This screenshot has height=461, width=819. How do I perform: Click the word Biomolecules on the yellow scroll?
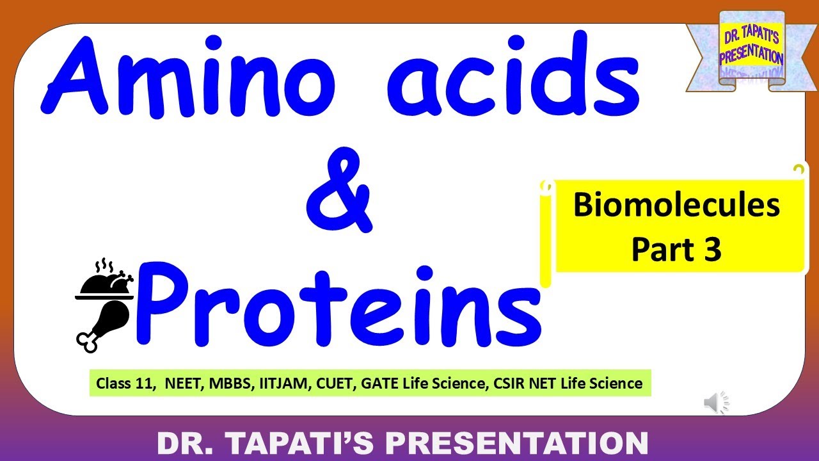(x=676, y=206)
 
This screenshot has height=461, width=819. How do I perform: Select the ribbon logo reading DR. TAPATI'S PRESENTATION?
(x=751, y=49)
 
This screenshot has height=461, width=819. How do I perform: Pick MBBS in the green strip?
(x=227, y=384)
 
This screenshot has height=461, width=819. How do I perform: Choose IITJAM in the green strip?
(x=280, y=384)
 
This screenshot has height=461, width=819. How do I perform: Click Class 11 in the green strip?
(x=125, y=384)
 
